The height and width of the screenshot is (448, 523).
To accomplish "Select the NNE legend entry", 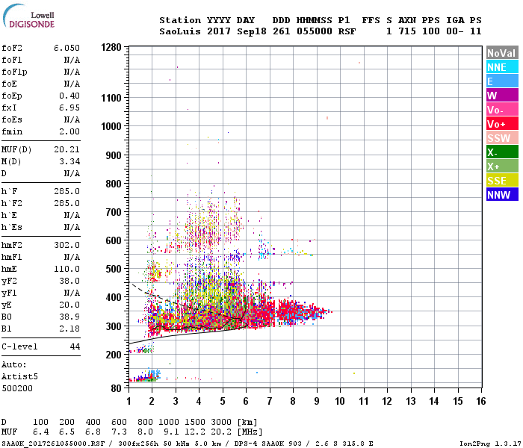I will (498, 67).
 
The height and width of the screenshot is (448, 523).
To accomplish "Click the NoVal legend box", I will (501, 53).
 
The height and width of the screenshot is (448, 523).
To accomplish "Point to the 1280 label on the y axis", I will (111, 47).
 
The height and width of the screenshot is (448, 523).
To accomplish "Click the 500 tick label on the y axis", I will (114, 269).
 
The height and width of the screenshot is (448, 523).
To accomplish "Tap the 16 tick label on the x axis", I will (480, 401).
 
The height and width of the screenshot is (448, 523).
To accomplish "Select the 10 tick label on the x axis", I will (340, 401).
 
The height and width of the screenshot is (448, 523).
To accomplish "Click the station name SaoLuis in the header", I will (178, 31).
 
